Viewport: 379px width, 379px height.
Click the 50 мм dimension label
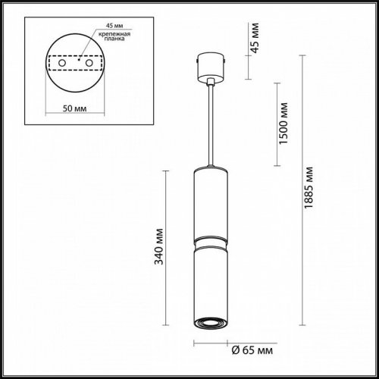(x=74, y=107)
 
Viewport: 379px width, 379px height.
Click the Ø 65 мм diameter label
(x=246, y=349)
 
